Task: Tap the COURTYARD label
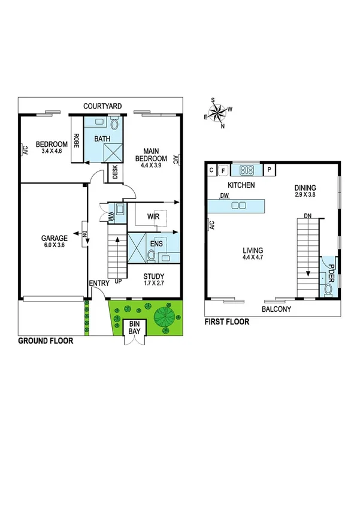pyautogui.click(x=102, y=106)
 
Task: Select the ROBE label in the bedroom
pyautogui.click(x=77, y=140)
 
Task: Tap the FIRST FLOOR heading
pyautogui.click(x=227, y=322)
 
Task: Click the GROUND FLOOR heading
pyautogui.click(x=46, y=341)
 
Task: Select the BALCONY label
pyautogui.click(x=276, y=309)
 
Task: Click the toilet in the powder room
pyautogui.click(x=328, y=290)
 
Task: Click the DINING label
pyautogui.click(x=305, y=188)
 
